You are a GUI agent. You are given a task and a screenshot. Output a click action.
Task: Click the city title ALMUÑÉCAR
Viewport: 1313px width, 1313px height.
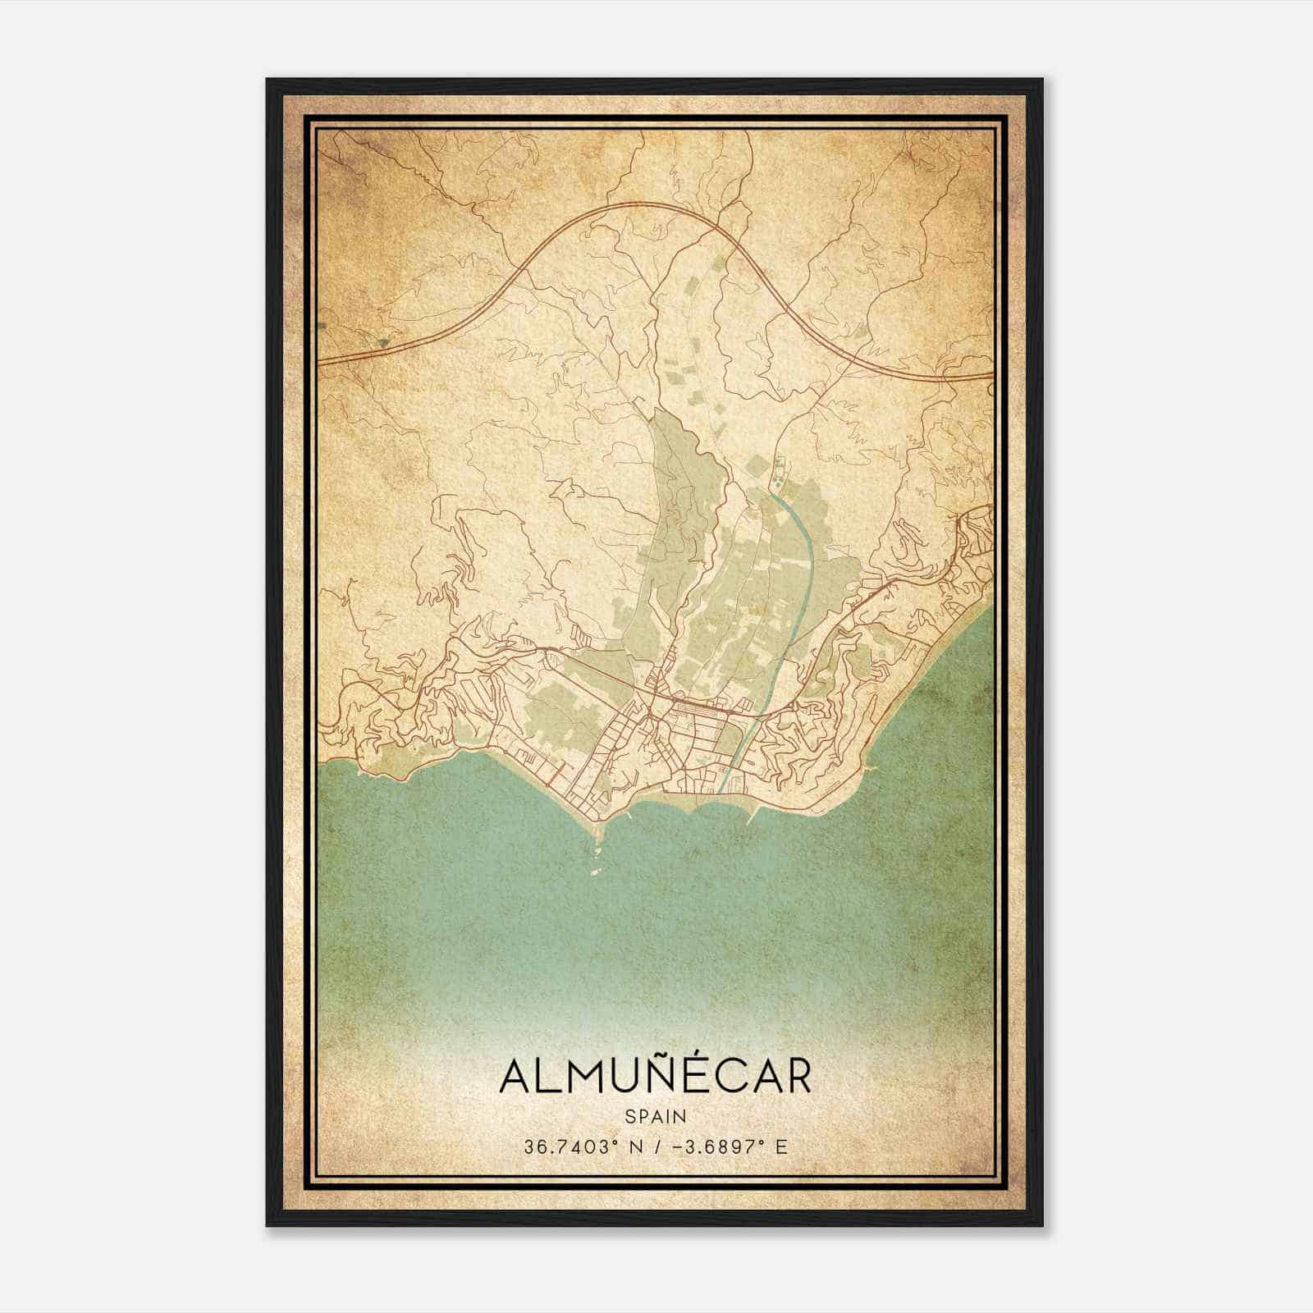tap(655, 1077)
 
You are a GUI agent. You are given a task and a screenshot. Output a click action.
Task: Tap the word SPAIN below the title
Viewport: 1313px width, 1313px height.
tap(655, 1116)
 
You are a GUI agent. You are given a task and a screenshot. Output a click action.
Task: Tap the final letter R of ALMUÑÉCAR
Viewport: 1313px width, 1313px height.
tap(795, 1077)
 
